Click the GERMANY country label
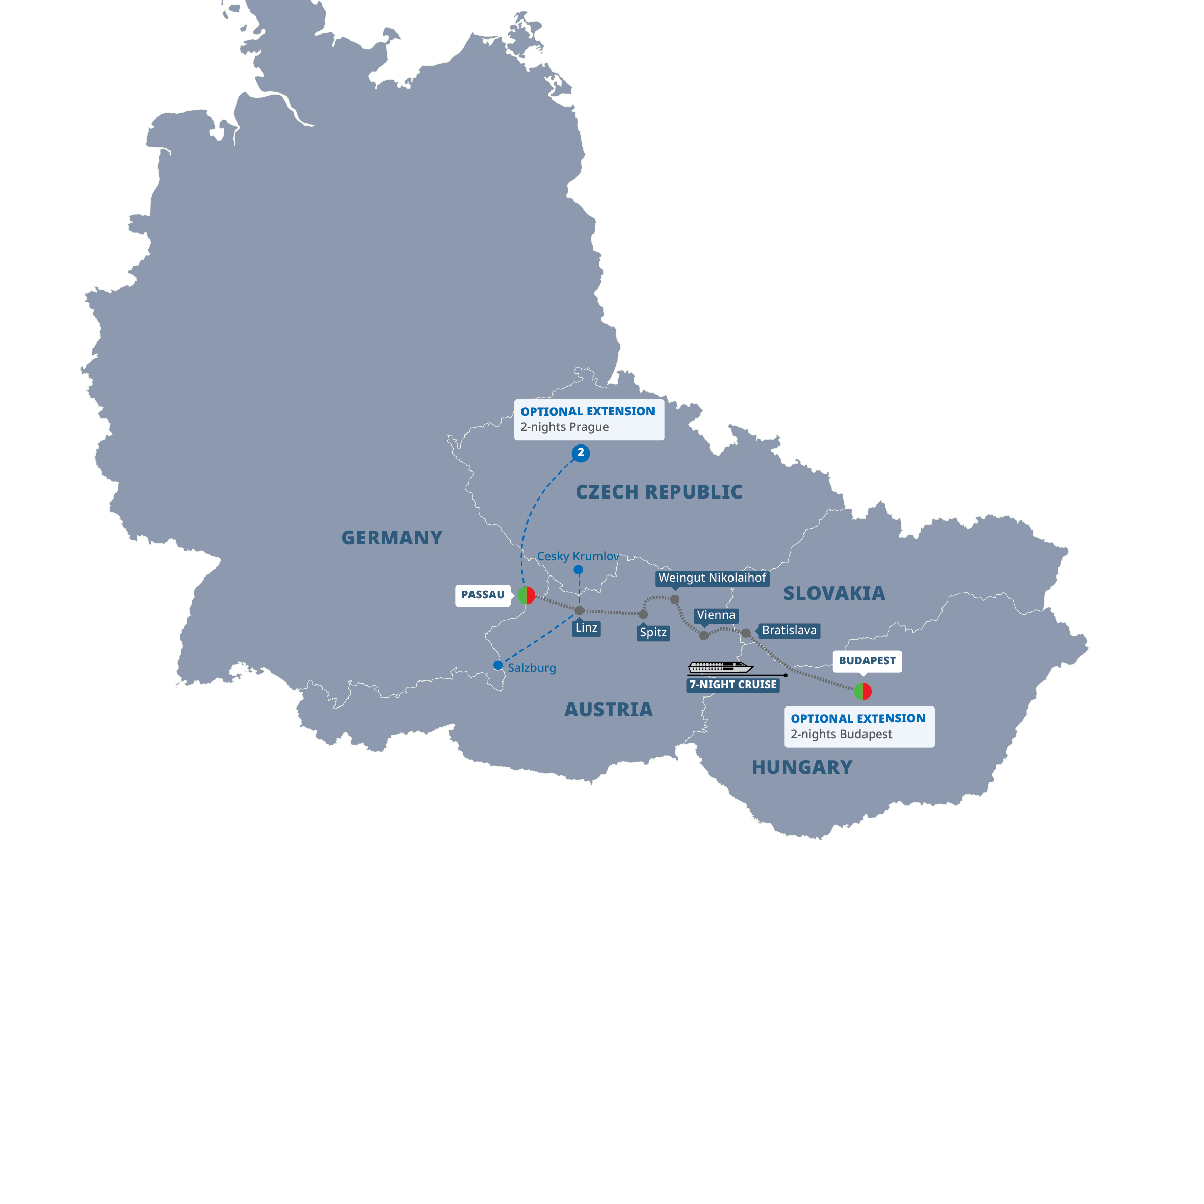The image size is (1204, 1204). click(391, 538)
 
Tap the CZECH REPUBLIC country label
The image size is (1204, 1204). click(659, 492)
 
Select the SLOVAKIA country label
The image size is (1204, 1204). click(834, 593)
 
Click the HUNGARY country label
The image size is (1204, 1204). click(801, 767)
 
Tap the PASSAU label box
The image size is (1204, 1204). click(482, 595)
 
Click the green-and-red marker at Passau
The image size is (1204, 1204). click(527, 595)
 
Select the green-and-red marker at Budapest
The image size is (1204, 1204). click(862, 691)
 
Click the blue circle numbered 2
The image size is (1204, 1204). click(580, 453)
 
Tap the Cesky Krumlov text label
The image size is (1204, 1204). click(578, 556)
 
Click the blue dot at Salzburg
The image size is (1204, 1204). click(498, 666)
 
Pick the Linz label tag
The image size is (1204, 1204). click(586, 627)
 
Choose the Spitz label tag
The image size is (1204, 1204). click(653, 633)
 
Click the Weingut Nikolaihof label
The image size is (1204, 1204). click(712, 578)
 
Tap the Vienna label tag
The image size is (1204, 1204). click(716, 615)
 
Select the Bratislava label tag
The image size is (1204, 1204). click(789, 631)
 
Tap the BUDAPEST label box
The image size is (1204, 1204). click(867, 661)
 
